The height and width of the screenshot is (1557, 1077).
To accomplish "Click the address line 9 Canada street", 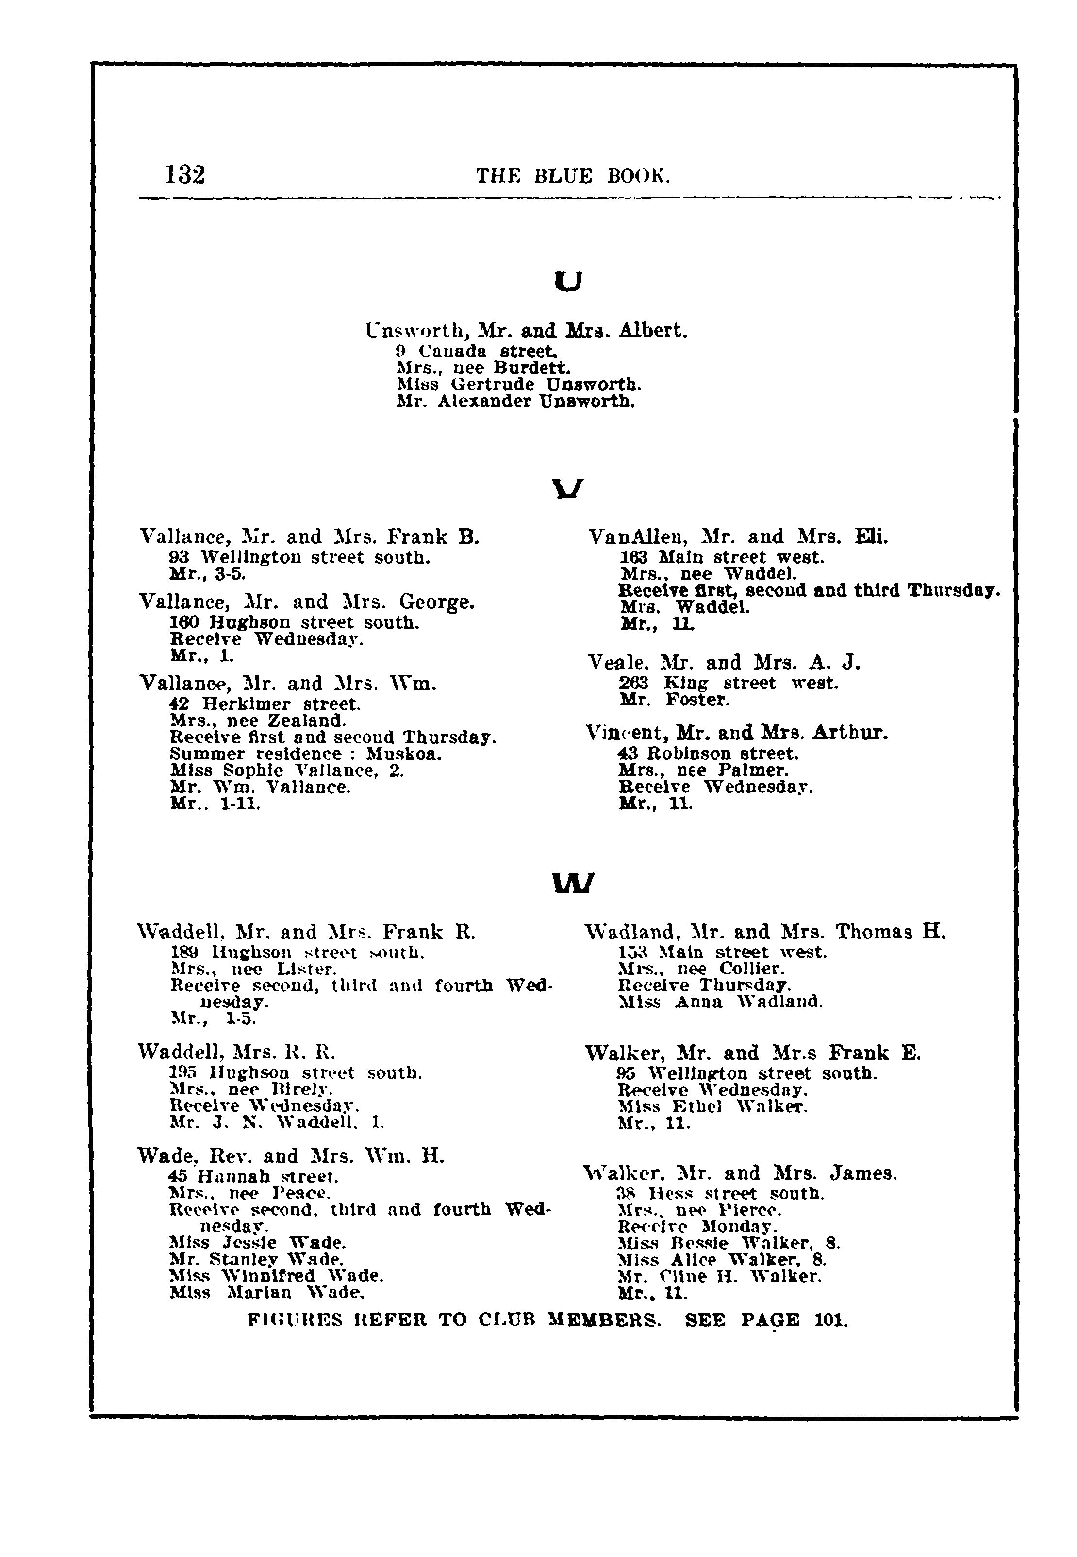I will pyautogui.click(x=477, y=352).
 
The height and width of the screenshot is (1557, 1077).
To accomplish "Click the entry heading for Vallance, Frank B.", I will pyautogui.click(x=309, y=537).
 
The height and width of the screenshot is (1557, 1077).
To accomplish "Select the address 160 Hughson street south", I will pyautogui.click(x=294, y=621).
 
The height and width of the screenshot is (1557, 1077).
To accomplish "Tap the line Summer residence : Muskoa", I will pyautogui.click(x=306, y=754).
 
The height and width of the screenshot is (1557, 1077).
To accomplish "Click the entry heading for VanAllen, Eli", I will pyautogui.click(x=738, y=537).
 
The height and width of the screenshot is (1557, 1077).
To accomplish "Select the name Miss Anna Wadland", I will pyautogui.click(x=721, y=1002).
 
